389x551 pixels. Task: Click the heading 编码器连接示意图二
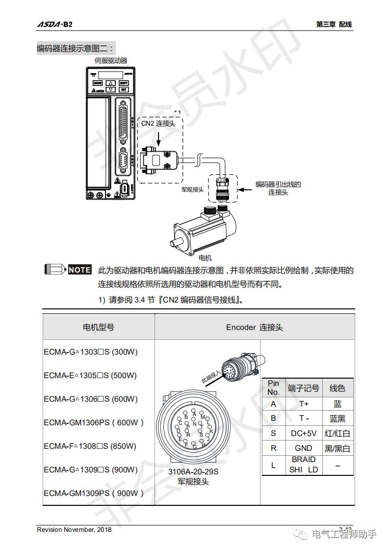coord(76,48)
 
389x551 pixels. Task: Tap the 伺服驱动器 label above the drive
coord(110,60)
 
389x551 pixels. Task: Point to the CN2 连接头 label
coord(158,124)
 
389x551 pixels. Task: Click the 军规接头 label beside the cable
coord(192,189)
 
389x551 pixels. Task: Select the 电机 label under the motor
coord(205,257)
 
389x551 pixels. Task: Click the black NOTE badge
coord(79,270)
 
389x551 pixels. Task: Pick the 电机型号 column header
coord(98,327)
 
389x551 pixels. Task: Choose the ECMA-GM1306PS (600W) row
coord(93,422)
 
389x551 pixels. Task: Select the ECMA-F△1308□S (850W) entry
coord(90,446)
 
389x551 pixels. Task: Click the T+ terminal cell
coord(304,404)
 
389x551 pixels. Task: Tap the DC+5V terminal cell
coord(304,433)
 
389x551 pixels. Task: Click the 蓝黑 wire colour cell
coord(337,418)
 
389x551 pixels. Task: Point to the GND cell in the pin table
coord(304,448)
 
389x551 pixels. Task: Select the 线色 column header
coord(337,388)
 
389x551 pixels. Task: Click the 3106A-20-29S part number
coord(193,472)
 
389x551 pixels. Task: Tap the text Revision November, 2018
coord(74,529)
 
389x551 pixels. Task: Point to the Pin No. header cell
coord(273,388)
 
